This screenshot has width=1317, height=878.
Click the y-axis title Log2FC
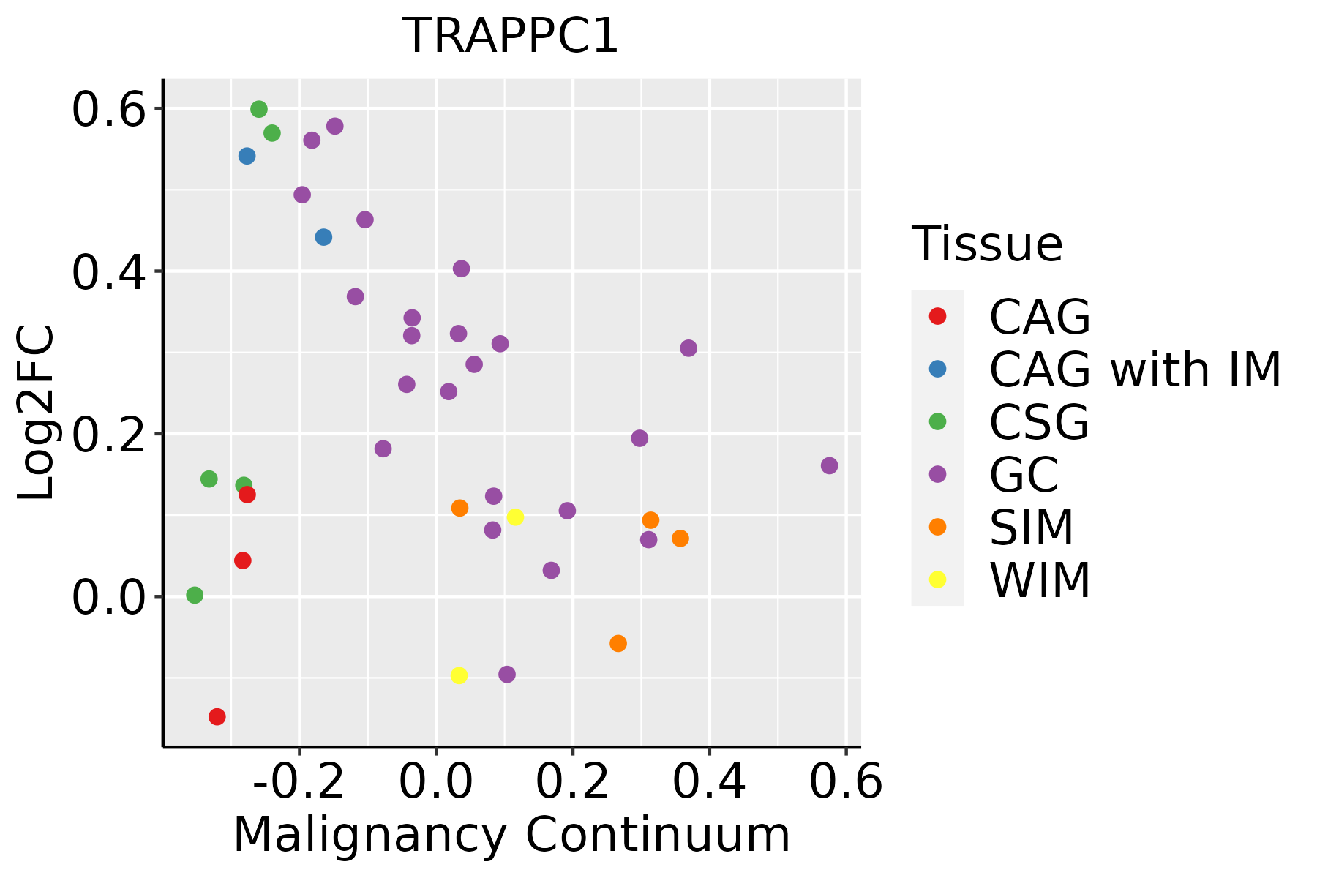pyautogui.click(x=37, y=413)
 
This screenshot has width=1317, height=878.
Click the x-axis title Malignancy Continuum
pyautogui.click(x=511, y=835)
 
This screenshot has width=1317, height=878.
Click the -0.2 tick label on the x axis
pyautogui.click(x=299, y=782)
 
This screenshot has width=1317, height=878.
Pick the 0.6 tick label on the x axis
pyautogui.click(x=846, y=782)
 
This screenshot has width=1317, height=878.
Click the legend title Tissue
pyautogui.click(x=987, y=244)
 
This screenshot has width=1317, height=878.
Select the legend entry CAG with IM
pyautogui.click(x=1135, y=369)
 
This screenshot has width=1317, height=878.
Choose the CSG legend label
pyautogui.click(x=1039, y=422)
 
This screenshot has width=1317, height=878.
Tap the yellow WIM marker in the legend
pyautogui.click(x=937, y=579)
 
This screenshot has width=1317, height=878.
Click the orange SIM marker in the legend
pyautogui.click(x=937, y=527)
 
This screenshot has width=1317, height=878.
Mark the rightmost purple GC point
pyautogui.click(x=829, y=466)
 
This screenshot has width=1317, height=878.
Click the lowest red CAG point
pyautogui.click(x=217, y=716)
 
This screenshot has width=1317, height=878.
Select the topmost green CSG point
pyautogui.click(x=259, y=109)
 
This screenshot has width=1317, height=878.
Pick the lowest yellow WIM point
pyautogui.click(x=459, y=675)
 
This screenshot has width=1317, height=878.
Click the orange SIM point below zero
pyautogui.click(x=618, y=643)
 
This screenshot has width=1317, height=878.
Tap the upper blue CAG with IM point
pyautogui.click(x=247, y=156)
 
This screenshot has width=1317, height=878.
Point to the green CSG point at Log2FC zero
pyautogui.click(x=195, y=595)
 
